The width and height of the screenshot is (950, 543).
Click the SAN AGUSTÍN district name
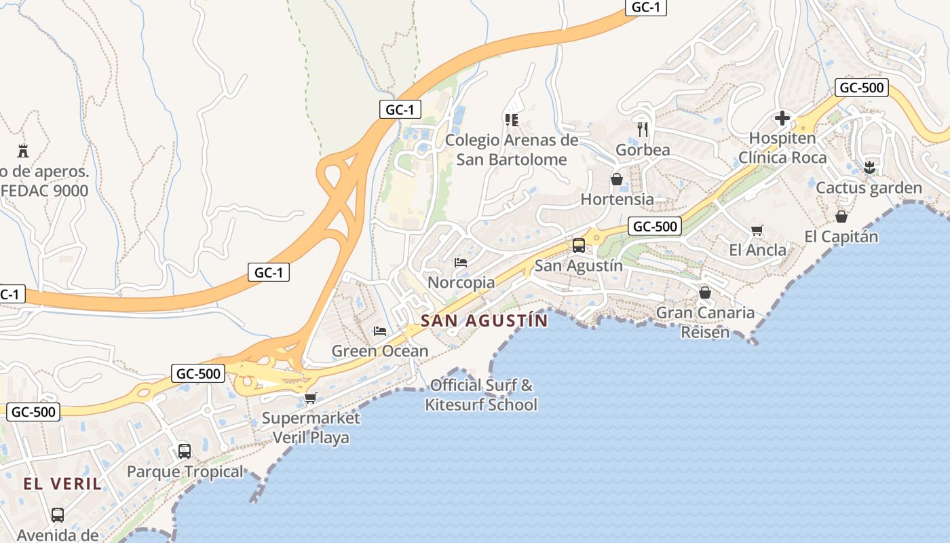[484, 320]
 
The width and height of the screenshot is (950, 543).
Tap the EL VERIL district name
[62, 484]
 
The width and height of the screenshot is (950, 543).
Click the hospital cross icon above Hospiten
[782, 118]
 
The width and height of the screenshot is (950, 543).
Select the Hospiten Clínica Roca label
[782, 148]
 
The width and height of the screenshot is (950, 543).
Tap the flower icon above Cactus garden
[869, 167]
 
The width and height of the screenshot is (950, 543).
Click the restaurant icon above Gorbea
[643, 129]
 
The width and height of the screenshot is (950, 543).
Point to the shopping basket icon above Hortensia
[617, 179]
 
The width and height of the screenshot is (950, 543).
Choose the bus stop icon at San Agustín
[578, 245]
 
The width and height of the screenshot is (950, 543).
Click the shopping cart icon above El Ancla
[757, 230]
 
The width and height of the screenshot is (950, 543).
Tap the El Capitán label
[841, 237]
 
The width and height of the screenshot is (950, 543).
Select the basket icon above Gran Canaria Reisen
[705, 293]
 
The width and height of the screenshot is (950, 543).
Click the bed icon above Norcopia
[461, 262]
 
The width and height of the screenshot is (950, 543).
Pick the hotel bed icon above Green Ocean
[380, 331]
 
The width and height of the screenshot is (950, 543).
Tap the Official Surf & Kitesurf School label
[481, 395]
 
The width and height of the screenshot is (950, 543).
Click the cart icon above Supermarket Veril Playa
[311, 398]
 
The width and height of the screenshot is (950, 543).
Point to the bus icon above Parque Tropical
[184, 451]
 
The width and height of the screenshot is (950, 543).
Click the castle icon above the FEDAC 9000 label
[23, 151]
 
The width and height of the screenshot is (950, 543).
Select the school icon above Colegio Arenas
[512, 120]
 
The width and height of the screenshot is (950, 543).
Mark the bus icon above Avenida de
[58, 514]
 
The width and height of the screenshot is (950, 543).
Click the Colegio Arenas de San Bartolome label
[512, 150]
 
